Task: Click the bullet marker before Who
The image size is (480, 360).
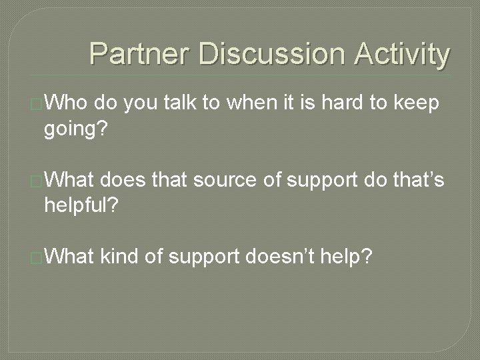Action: [x=37, y=105]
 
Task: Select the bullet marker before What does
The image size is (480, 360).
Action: [x=37, y=180]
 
